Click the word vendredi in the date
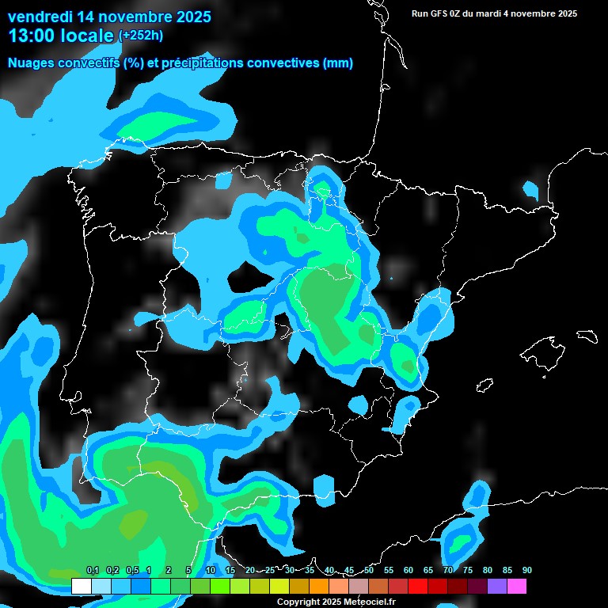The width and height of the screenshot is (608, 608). pos(40,16)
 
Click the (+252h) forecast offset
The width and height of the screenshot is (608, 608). pos(141,36)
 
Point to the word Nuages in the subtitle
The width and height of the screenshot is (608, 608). pos(32,63)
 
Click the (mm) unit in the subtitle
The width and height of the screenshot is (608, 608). pos(338,63)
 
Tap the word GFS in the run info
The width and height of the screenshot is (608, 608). pos(440,13)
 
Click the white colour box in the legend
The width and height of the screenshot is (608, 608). pos(82,586)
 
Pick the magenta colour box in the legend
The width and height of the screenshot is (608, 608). pos(517,586)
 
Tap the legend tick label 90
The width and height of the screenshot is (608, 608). pos(526,570)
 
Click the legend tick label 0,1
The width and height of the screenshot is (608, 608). pos(92,570)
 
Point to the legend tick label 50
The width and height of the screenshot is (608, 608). pos(369,570)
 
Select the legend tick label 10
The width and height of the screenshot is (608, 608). pos(211,570)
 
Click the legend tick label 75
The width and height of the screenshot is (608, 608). pos(468,570)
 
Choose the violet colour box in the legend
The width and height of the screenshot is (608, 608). pos(497,586)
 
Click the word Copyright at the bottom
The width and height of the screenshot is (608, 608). pos(297,602)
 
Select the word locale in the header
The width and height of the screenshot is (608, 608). pos(88,35)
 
